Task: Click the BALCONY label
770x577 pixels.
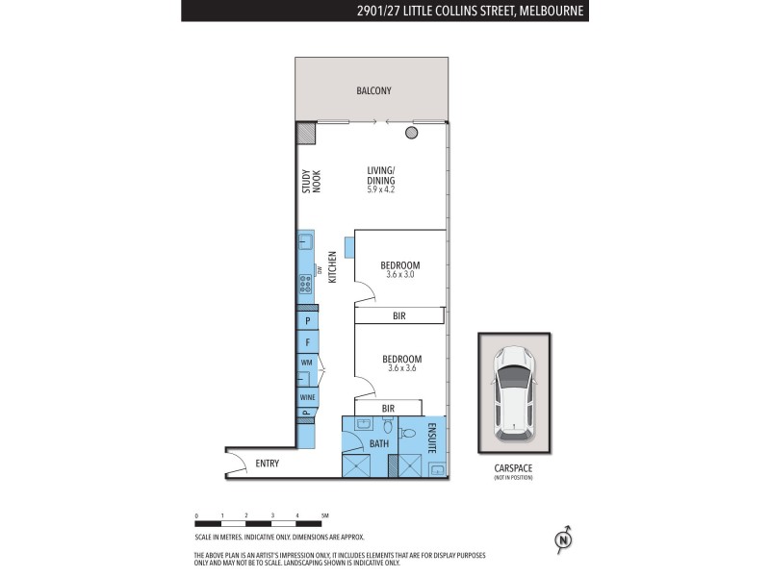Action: coord(372,91)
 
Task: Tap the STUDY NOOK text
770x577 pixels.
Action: coord(311,182)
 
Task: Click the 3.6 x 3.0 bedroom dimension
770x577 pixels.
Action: coord(400,275)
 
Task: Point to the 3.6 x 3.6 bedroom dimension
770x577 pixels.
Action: coord(400,368)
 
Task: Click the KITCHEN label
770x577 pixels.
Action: coord(333,267)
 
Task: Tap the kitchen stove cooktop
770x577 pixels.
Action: coord(305,283)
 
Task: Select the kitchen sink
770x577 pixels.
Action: coord(305,243)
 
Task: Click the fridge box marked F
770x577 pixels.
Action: coord(307,341)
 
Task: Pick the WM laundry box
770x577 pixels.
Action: coord(307,363)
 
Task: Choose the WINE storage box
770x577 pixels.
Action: coord(307,397)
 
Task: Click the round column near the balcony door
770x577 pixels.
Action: coord(412,133)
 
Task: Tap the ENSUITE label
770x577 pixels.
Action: coord(432,437)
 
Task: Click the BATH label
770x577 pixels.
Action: coord(379,443)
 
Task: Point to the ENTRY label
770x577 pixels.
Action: coord(267,464)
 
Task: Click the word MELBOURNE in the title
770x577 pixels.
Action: coord(553,11)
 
